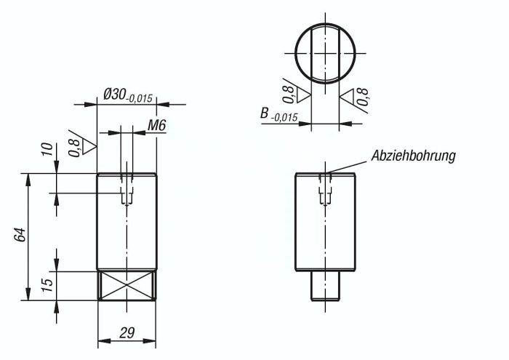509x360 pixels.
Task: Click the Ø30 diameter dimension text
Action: click(x=115, y=94)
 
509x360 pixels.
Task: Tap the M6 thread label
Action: click(x=157, y=125)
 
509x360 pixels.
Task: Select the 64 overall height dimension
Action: click(x=20, y=235)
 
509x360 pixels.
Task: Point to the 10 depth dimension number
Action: click(x=48, y=149)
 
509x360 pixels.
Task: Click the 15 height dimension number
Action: click(x=48, y=285)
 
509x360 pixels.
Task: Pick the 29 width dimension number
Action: click(x=127, y=333)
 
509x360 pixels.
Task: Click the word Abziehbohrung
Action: click(x=413, y=156)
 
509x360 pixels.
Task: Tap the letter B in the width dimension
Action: click(x=265, y=113)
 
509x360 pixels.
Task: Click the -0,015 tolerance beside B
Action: click(x=284, y=117)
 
